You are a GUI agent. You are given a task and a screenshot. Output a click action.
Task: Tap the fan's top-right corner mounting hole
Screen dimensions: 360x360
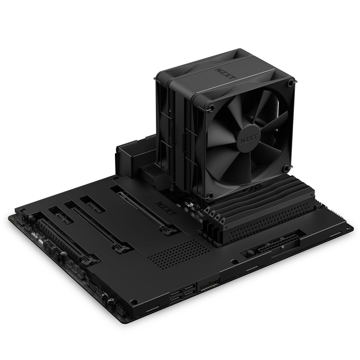[291, 83]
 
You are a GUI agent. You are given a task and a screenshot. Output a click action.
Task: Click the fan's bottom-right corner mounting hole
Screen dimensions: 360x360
[287, 168]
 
